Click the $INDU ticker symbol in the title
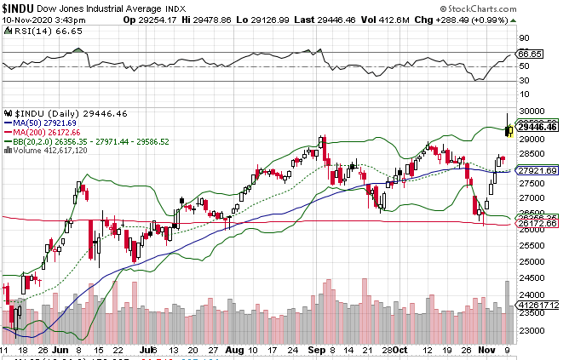pyautogui.click(x=19, y=8)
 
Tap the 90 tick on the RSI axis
pyautogui.click(x=523, y=38)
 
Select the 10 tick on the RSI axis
pyautogui.click(x=523, y=96)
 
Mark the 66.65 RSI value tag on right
pyautogui.click(x=531, y=53)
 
